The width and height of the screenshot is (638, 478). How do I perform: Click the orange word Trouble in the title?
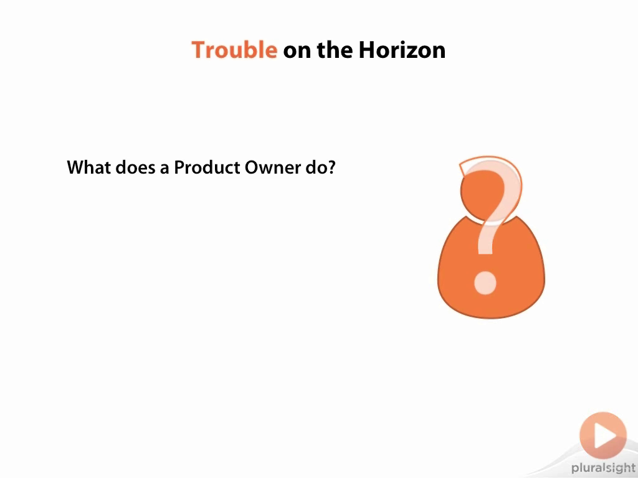(234, 50)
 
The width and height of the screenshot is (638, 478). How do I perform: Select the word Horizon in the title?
(402, 50)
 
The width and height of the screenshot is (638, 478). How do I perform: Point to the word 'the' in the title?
(335, 50)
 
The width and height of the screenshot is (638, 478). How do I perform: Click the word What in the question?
(88, 167)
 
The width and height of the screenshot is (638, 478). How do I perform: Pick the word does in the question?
(135, 167)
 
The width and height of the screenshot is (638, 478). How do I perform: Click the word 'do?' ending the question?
(321, 167)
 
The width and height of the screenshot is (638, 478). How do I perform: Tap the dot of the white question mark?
(485, 283)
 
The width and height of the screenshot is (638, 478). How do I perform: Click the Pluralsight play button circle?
(603, 435)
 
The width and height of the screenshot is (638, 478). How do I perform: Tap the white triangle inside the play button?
(605, 435)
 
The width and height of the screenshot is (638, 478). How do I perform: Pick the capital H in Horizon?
(367, 50)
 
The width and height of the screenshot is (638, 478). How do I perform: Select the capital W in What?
(76, 167)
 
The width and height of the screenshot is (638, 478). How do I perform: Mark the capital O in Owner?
(252, 167)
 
